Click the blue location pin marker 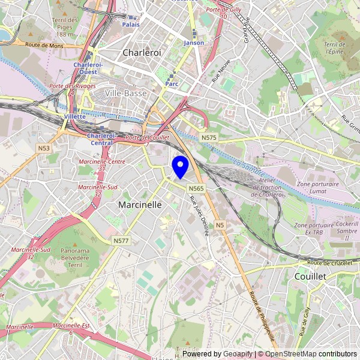180,166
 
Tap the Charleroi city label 142,53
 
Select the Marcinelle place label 140,205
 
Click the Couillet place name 310,276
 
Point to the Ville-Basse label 125,94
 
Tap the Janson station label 194,43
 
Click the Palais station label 131,25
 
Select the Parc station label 172,84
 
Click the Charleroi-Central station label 101,139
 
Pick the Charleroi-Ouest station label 89,68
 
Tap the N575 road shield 209,138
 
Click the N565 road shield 196,188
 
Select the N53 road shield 43,148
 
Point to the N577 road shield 121,241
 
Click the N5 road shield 220,225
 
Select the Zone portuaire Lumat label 317,188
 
